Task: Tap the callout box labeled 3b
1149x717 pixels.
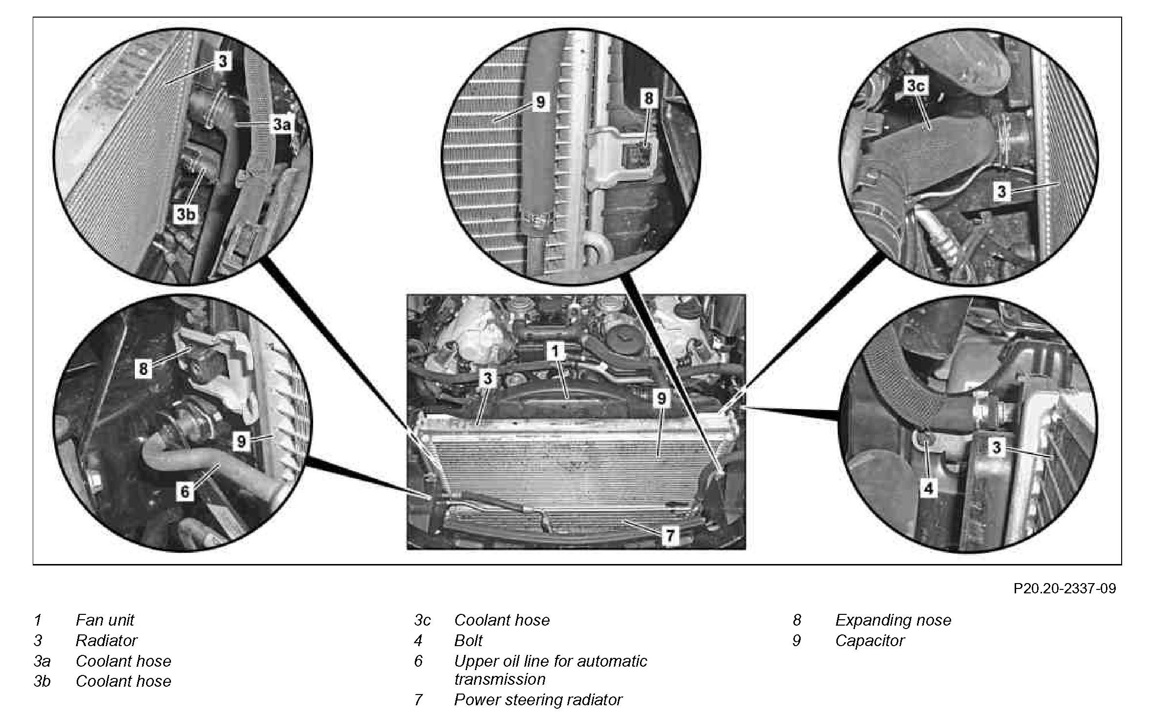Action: (x=186, y=214)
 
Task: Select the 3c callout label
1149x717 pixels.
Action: (x=915, y=86)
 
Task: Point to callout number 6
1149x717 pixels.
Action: (x=185, y=491)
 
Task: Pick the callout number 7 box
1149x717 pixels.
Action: (x=670, y=536)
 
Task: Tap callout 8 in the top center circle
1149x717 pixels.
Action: (x=648, y=99)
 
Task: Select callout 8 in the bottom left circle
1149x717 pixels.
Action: (x=143, y=368)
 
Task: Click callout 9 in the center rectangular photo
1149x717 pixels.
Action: (x=661, y=398)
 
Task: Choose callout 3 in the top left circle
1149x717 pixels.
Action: (x=223, y=62)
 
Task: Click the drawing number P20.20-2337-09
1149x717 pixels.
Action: (x=1064, y=588)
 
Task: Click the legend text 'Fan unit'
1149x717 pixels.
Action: (x=105, y=620)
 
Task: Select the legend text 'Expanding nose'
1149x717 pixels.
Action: (x=893, y=620)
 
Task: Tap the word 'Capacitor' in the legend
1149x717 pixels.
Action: (x=870, y=640)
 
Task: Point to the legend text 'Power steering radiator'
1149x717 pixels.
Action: (x=538, y=699)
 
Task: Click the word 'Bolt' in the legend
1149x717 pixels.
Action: (x=468, y=640)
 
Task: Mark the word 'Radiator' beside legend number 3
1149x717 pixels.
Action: (x=106, y=640)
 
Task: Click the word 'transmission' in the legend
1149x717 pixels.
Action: (x=499, y=679)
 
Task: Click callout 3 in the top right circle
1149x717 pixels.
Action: (x=1002, y=191)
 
